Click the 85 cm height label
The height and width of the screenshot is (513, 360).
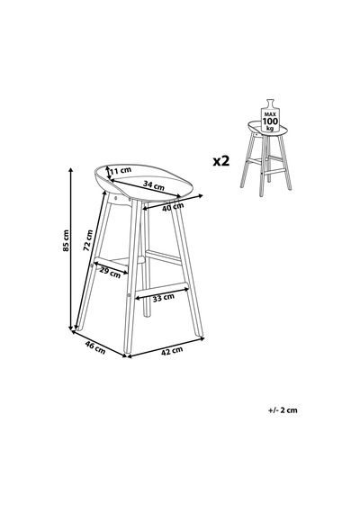pyautogui.click(x=66, y=240)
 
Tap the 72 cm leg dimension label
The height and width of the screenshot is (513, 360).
pyautogui.click(x=87, y=240)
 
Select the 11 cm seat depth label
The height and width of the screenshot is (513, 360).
pyautogui.click(x=121, y=170)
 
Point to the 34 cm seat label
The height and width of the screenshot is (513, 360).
pyautogui.click(x=154, y=185)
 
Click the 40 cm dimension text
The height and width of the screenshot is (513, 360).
pyautogui.click(x=173, y=206)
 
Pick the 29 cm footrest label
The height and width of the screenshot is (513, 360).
pyautogui.click(x=110, y=273)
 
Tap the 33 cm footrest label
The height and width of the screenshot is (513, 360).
pyautogui.click(x=164, y=297)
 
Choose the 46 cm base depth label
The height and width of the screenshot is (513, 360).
pyautogui.click(x=94, y=347)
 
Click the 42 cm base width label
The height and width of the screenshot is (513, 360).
pyautogui.click(x=172, y=350)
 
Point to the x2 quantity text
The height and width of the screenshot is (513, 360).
pyautogui.click(x=221, y=161)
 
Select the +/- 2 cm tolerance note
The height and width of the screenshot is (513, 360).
pyautogui.click(x=283, y=409)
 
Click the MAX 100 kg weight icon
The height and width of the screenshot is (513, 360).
pyautogui.click(x=270, y=115)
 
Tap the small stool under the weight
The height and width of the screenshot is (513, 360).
pyautogui.click(x=265, y=158)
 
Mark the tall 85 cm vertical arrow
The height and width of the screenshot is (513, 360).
pyautogui.click(x=71, y=249)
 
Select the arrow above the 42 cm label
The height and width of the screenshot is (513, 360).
pyautogui.click(x=166, y=347)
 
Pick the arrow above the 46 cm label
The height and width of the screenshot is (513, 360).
pyautogui.click(x=99, y=344)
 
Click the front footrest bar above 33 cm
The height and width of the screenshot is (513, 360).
pyautogui.click(x=162, y=286)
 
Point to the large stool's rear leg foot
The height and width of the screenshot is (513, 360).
pyautogui.click(x=148, y=314)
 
